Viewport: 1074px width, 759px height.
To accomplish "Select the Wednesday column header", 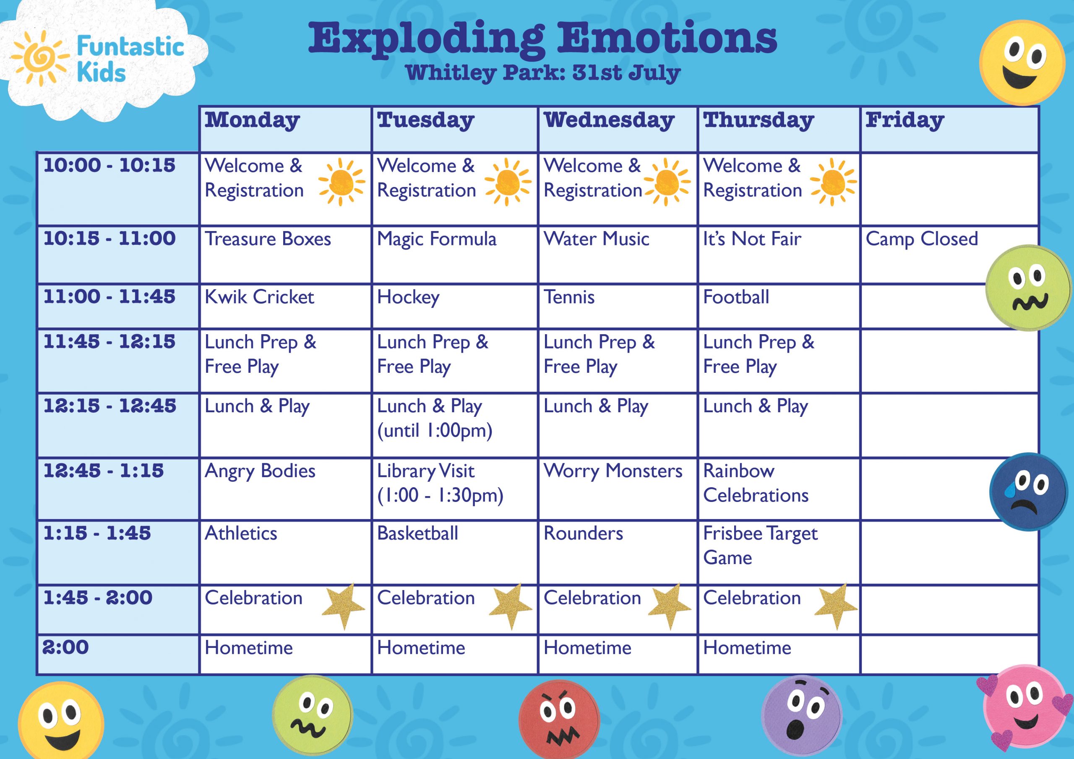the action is coord(609,120).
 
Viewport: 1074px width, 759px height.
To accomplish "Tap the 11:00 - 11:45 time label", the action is coord(109,296).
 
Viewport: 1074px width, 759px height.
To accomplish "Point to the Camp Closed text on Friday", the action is coord(922,239).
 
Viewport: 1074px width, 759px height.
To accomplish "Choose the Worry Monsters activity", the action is coord(613,471).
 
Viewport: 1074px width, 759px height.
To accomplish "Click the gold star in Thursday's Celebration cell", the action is coord(835,606).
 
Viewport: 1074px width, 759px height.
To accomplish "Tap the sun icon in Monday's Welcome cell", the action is coord(341,182).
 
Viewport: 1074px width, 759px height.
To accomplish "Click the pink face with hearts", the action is coord(1024,709).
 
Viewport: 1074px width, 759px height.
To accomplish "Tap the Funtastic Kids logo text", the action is coord(130,60).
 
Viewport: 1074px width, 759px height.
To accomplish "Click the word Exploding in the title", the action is coord(426,40).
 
